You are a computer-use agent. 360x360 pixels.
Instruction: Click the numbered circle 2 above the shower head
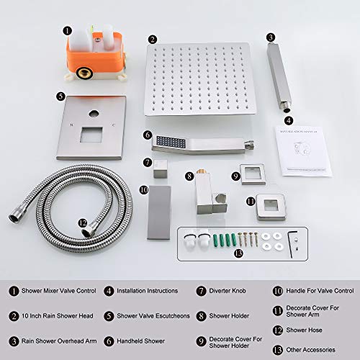click(152, 40)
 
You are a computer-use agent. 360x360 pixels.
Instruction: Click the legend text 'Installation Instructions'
click(147, 291)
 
